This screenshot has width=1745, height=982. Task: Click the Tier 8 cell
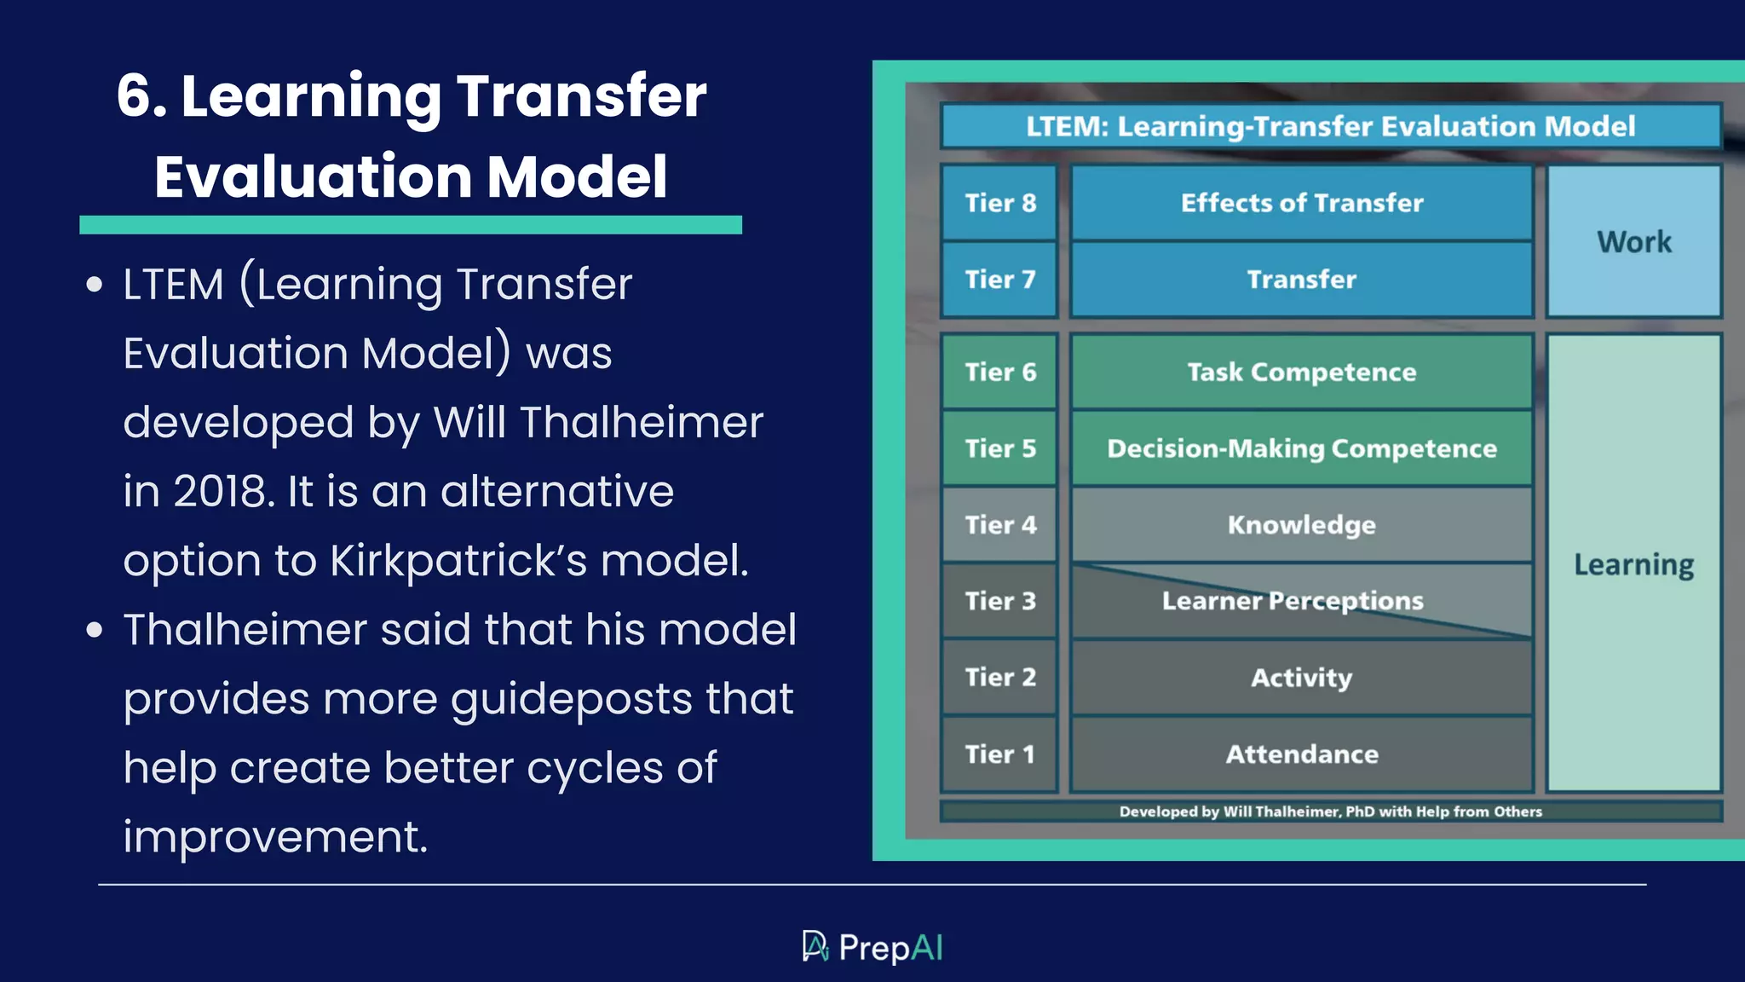point(999,203)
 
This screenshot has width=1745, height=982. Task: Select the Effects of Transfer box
point(1301,203)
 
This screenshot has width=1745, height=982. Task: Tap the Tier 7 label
point(999,280)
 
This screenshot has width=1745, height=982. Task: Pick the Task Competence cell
point(1301,373)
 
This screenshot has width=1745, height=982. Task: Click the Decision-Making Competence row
point(1301,448)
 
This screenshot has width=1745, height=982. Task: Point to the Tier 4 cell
point(999,525)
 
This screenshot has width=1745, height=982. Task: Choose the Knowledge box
point(1301,525)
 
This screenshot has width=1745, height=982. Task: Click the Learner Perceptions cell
point(1293,601)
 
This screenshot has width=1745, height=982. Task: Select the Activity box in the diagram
point(1301,678)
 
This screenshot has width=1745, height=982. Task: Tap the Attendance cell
point(1301,754)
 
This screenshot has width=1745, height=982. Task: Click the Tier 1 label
point(999,754)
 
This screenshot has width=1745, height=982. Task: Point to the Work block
point(1633,242)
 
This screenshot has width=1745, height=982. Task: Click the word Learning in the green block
point(1633,565)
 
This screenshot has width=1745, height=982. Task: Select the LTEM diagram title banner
point(1330,126)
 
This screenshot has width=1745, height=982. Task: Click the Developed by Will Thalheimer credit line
point(1330,812)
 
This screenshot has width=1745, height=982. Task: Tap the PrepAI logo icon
point(815,946)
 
